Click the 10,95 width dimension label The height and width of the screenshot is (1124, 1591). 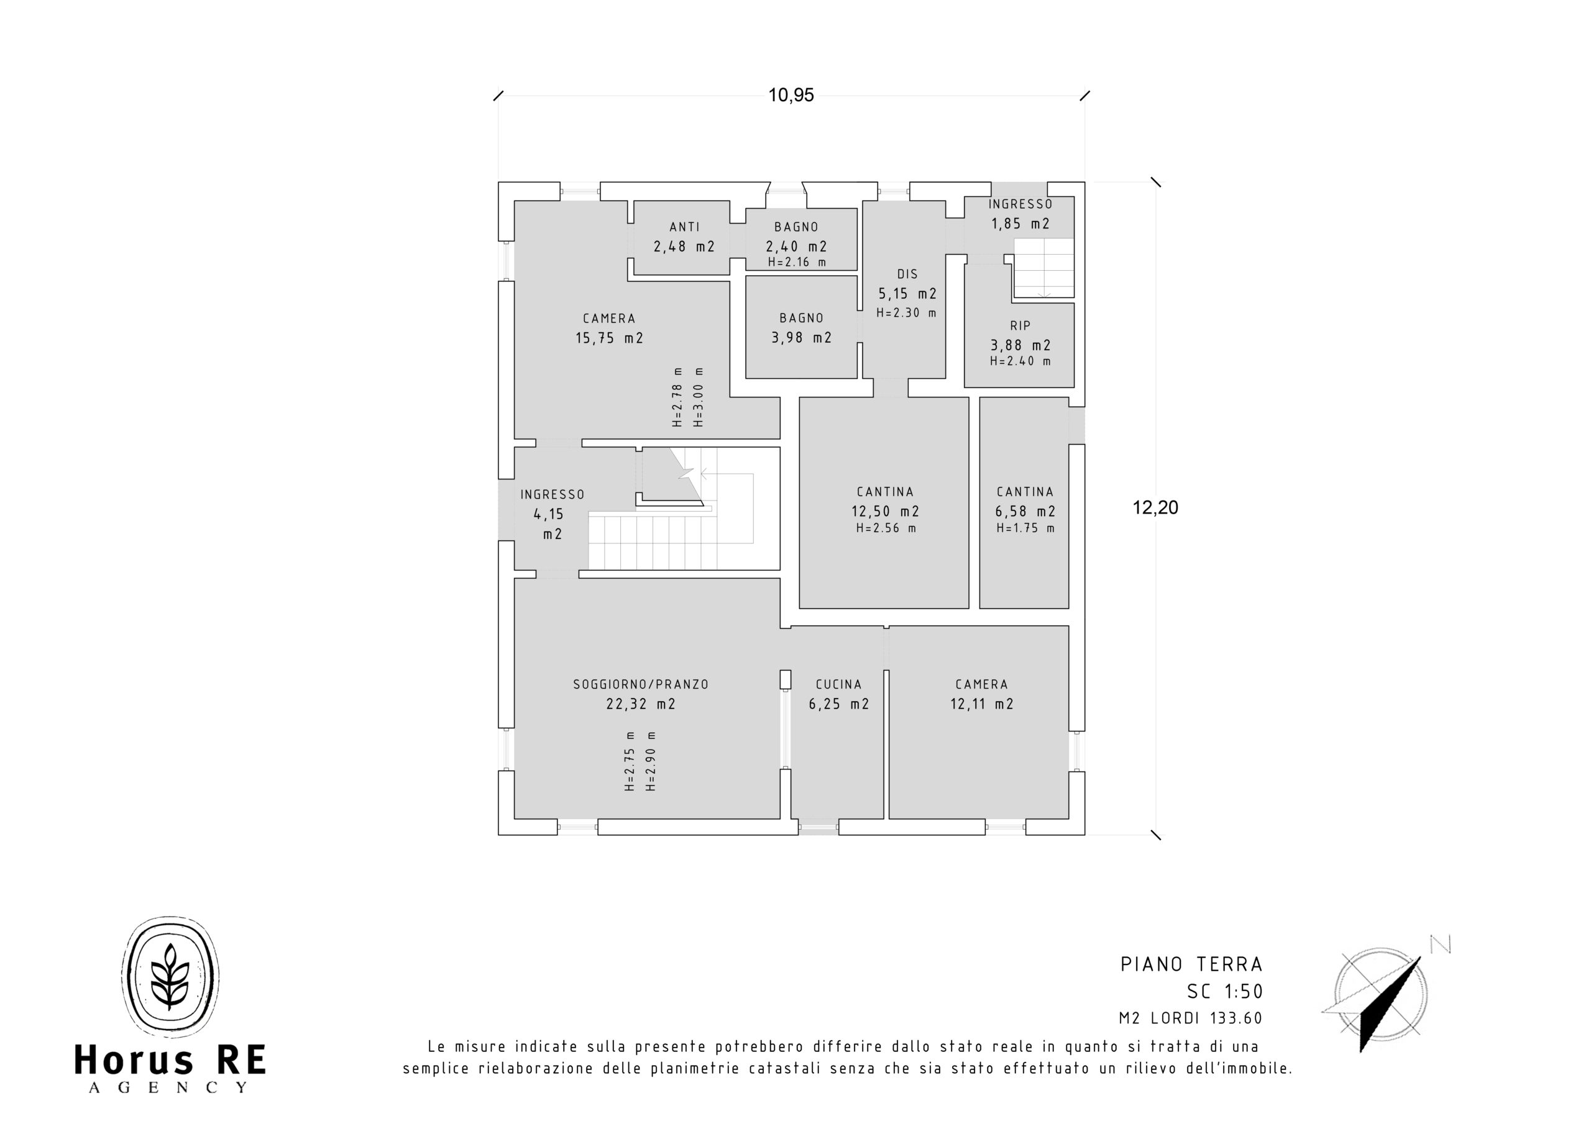pos(791,95)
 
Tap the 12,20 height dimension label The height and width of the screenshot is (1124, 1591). pos(1155,507)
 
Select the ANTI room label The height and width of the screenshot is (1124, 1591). pos(685,227)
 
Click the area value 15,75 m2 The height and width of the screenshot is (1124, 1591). pos(609,338)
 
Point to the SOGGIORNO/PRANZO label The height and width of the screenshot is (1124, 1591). pos(641,684)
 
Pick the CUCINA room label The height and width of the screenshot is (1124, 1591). pos(838,684)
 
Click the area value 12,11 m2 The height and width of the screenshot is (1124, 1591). pos(982,704)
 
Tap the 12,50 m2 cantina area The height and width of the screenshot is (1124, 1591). pos(885,511)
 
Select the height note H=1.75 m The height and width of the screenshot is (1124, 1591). pos(1025,528)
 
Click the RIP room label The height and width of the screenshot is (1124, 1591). pos(1020,325)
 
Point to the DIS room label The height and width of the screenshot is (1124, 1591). pos(907,274)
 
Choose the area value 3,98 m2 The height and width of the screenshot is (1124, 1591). pos(802,337)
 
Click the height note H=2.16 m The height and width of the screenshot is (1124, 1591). pos(797,262)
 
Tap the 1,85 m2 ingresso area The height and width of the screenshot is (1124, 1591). pos(1020,224)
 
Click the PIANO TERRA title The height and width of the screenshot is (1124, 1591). pos(1192,964)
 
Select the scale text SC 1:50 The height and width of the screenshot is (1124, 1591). pos(1225,992)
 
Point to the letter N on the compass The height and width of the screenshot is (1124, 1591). pos(1440,944)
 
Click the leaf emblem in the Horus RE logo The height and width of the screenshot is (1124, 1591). pos(170,976)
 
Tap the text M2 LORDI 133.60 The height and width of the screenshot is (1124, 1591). pos(1191,1018)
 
